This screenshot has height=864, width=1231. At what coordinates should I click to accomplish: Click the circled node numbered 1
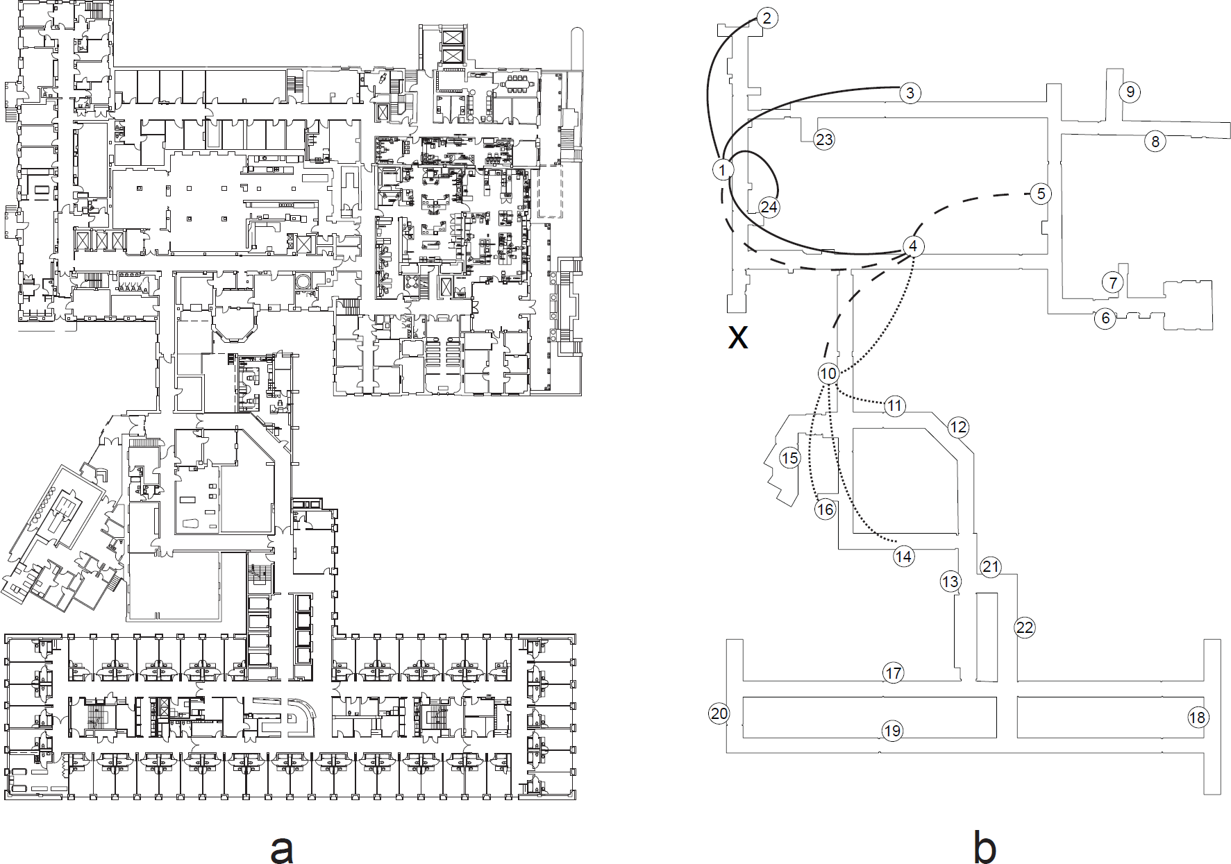pyautogui.click(x=723, y=169)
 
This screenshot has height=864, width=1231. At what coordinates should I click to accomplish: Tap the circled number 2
pyautogui.click(x=767, y=18)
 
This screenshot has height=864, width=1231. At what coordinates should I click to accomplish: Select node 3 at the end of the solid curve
pyautogui.click(x=910, y=93)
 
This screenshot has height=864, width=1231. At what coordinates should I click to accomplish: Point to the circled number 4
pyautogui.click(x=913, y=246)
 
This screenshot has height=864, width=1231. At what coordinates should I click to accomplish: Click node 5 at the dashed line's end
pyautogui.click(x=1040, y=194)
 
